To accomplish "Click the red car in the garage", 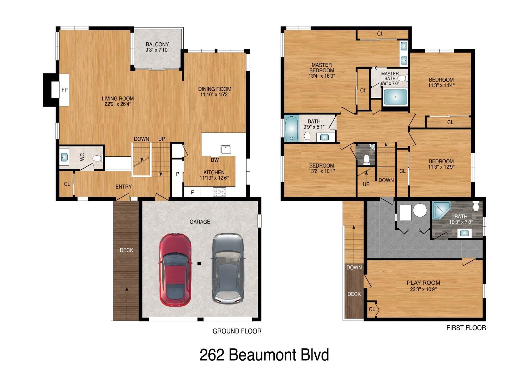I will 176,269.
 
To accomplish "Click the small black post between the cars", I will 199,263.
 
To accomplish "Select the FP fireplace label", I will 65,90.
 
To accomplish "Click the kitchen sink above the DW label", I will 226,150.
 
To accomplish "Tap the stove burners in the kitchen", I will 219,192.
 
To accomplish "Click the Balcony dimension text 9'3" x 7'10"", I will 157,50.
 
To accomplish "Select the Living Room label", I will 118,98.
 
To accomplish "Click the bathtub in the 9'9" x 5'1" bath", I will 291,128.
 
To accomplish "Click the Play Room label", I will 423,283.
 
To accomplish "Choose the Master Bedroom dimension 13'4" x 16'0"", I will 321,76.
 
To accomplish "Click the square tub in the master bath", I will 395,97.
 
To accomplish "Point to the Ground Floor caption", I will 237,331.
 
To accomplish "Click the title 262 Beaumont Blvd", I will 264,355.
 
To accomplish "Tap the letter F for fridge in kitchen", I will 192,193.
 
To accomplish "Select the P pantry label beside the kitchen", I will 177,174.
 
